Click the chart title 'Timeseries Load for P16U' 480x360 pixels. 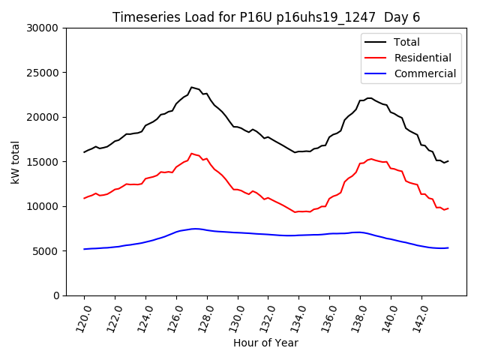click(x=266, y=17)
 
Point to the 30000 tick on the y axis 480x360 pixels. click(x=43, y=28)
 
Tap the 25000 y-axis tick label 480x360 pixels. click(x=43, y=73)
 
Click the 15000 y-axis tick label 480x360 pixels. click(x=43, y=162)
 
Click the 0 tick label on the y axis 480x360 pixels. click(x=55, y=295)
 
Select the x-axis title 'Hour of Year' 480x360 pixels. click(x=265, y=343)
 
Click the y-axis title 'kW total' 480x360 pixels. click(x=16, y=161)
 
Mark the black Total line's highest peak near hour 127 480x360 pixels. click(x=191, y=87)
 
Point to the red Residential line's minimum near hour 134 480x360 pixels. click(x=295, y=212)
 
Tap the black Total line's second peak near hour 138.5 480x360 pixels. click(x=368, y=97)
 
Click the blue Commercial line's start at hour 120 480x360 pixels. click(x=84, y=249)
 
